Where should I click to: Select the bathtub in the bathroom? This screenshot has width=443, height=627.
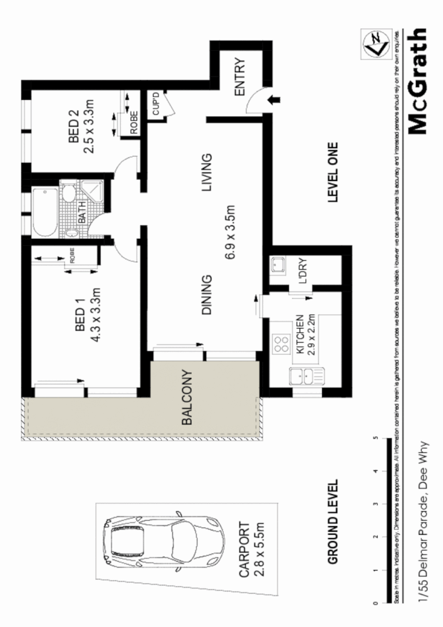click(44, 211)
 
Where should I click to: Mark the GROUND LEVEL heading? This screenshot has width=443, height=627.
click(333, 522)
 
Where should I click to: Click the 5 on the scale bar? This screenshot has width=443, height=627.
click(375, 438)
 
